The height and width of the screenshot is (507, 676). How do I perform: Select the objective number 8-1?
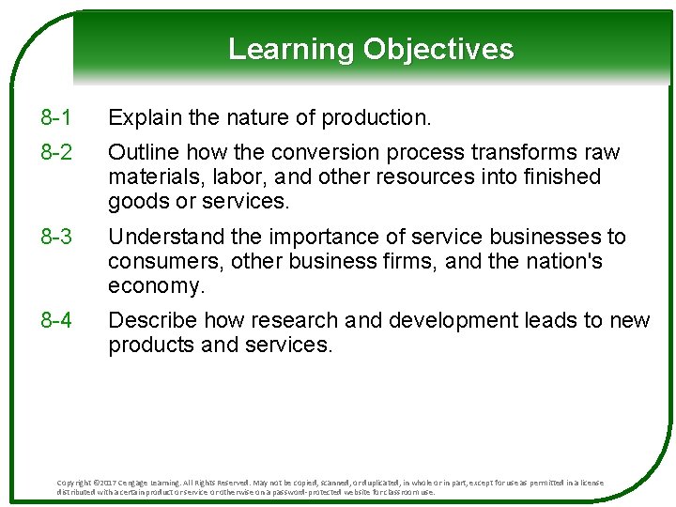click(56, 117)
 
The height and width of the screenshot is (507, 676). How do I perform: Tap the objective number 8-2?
click(56, 152)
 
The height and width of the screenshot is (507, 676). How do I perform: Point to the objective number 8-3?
click(56, 237)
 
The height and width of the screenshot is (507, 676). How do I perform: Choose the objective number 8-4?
click(56, 320)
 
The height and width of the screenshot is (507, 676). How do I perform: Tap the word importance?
click(312, 237)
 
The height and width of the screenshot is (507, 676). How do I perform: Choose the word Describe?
click(151, 320)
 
